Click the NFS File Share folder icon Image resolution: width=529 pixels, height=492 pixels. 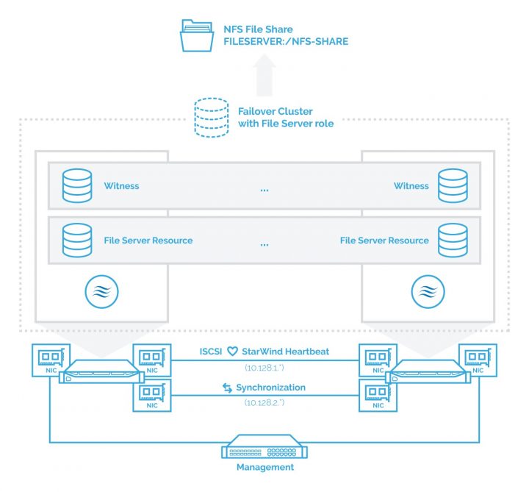(x=197, y=35)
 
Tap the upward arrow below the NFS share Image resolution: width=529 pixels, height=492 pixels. (x=264, y=75)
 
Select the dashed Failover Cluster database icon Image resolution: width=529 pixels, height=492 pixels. (x=212, y=118)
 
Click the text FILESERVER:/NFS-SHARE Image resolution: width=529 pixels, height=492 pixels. (x=286, y=41)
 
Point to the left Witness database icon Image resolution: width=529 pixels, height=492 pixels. (x=77, y=186)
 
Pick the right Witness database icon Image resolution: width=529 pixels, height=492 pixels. (x=453, y=186)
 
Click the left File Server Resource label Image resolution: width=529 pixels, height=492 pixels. (x=148, y=240)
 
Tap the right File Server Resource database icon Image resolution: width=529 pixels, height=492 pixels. (x=453, y=240)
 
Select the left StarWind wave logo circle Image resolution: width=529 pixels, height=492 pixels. (x=101, y=291)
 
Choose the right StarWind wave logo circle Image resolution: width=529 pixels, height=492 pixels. (x=428, y=291)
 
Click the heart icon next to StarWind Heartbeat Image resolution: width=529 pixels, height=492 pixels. (x=232, y=352)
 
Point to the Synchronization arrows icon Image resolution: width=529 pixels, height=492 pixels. (x=227, y=388)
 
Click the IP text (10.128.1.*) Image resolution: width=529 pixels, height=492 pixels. (x=264, y=368)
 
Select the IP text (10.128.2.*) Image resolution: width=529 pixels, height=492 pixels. (x=264, y=402)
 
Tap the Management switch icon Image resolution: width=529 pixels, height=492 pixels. (x=264, y=446)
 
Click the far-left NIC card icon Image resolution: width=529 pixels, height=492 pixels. (x=51, y=360)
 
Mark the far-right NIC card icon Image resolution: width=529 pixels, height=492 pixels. (x=478, y=360)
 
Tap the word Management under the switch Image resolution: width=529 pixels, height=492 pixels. (x=265, y=467)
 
